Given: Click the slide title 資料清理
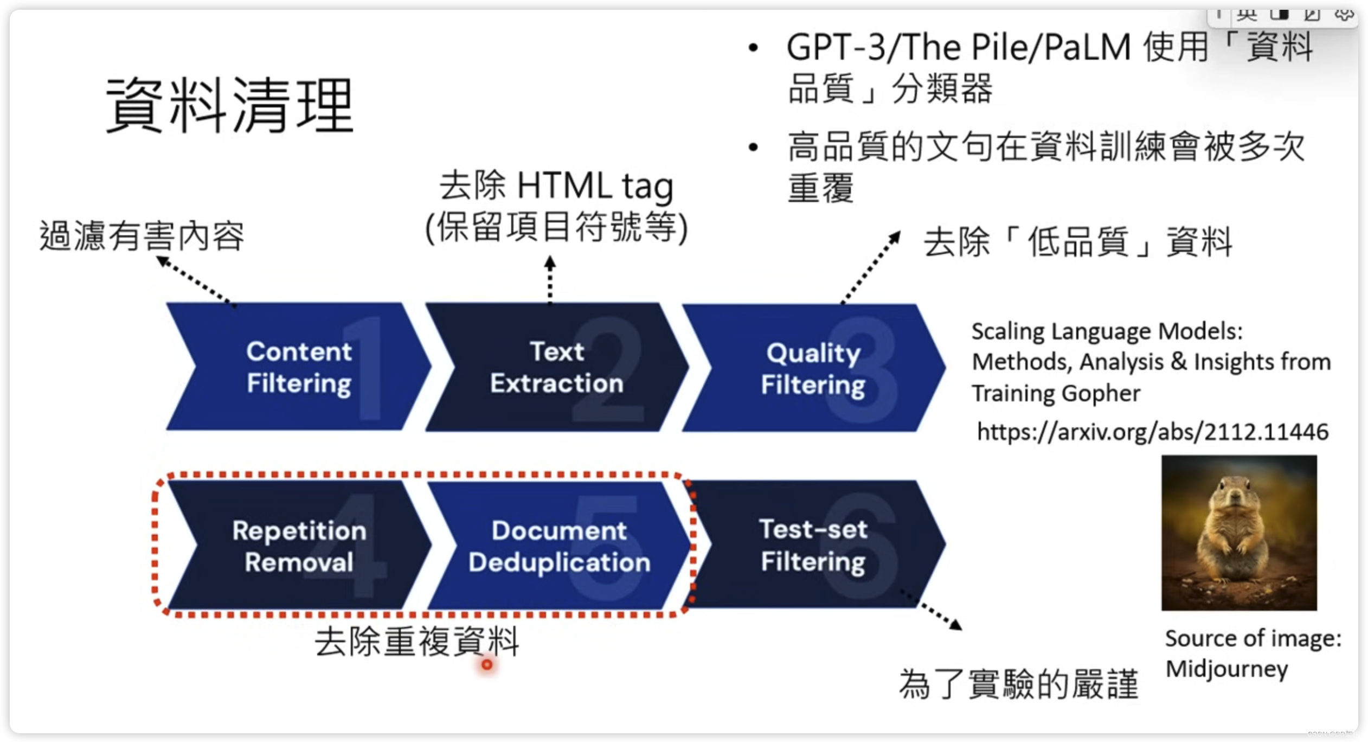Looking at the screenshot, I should click(230, 105).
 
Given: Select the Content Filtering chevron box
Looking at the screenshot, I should click(298, 367).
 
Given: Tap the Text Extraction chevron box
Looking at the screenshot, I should click(556, 367).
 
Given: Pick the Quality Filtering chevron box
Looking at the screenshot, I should click(813, 368).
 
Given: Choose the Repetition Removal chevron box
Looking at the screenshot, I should click(298, 546).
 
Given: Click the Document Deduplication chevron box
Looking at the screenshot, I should click(558, 546).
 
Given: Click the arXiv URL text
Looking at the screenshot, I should click(1152, 432).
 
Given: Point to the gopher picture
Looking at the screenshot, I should click(1238, 533).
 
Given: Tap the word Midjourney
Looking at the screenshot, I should click(1226, 669).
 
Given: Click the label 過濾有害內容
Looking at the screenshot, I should click(142, 236).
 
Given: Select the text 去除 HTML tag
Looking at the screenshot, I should click(556, 185).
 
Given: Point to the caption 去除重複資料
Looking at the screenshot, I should click(416, 641).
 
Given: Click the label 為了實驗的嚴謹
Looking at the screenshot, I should click(1018, 684).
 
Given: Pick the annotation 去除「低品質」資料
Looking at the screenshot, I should click(1078, 242).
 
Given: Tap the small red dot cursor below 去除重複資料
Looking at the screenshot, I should click(487, 664).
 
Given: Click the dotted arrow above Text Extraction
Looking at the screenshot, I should click(550, 279).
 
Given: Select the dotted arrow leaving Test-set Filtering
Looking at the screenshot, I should click(932, 610).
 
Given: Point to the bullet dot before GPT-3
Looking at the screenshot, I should click(753, 48).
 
